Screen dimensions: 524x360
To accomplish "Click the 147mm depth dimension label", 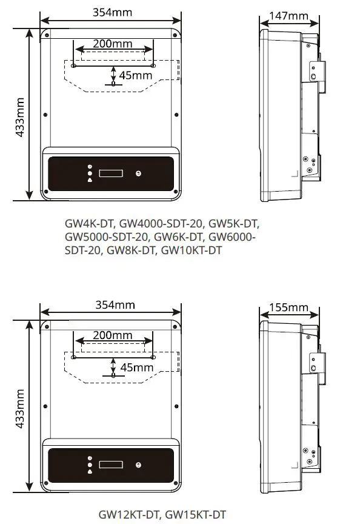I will pyautogui.click(x=288, y=15).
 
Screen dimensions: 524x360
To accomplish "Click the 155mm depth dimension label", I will pyautogui.click(x=288, y=307).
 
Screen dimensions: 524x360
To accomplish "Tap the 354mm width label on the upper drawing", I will pyautogui.click(x=112, y=12).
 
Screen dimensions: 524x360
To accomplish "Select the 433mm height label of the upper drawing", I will pyautogui.click(x=19, y=116).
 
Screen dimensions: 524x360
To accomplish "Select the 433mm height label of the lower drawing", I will pyautogui.click(x=19, y=407).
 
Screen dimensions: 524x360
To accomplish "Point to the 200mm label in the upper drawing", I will pyautogui.click(x=113, y=44).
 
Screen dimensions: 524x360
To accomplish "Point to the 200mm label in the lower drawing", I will pyautogui.click(x=113, y=335).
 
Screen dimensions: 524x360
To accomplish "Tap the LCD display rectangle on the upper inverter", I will pyautogui.click(x=111, y=173).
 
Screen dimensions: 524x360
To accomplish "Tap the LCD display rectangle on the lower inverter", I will pyautogui.click(x=111, y=465).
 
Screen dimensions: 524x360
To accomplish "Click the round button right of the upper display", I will pyautogui.click(x=138, y=173).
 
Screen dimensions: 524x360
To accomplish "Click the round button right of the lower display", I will pyautogui.click(x=138, y=465).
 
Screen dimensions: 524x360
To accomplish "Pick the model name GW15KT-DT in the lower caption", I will pyautogui.click(x=196, y=514).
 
